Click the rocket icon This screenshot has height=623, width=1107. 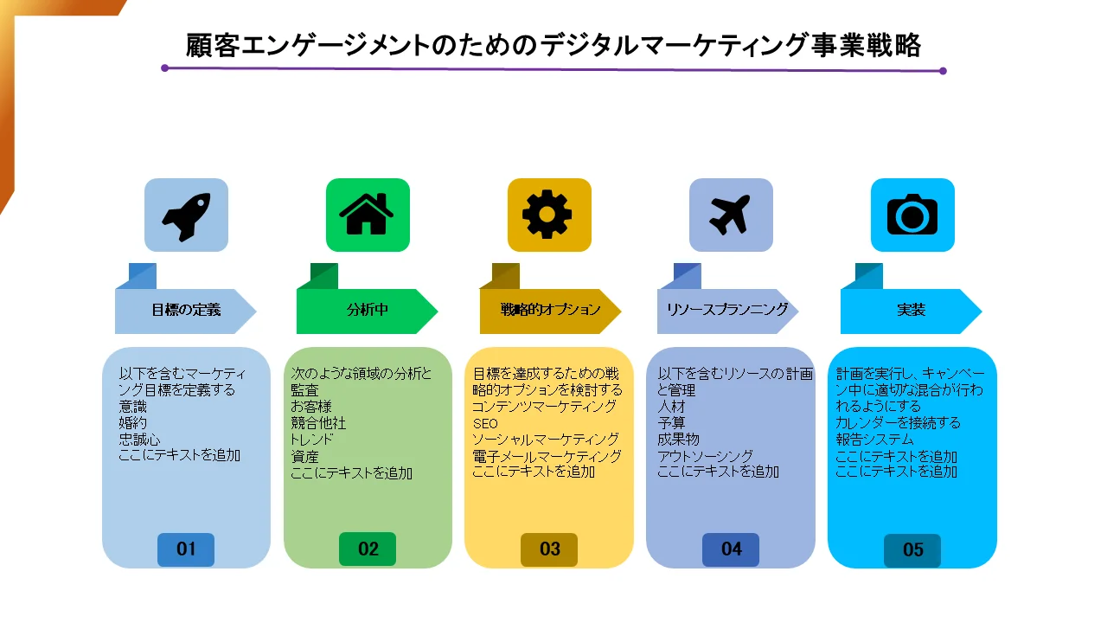(186, 216)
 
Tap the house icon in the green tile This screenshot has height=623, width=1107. (366, 214)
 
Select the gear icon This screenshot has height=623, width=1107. (547, 214)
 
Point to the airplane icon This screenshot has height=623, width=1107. (730, 215)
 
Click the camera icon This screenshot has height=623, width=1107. (912, 214)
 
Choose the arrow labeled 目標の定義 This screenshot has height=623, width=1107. (185, 311)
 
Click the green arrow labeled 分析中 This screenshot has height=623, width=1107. (368, 311)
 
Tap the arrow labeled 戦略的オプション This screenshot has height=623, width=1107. (550, 311)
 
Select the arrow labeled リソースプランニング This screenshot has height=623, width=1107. (727, 311)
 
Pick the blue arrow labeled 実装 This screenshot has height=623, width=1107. (911, 311)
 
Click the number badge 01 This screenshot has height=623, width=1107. (186, 549)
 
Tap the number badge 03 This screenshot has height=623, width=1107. (549, 549)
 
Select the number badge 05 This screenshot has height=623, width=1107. (912, 550)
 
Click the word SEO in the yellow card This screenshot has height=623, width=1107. (485, 424)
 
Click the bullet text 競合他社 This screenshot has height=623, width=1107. (318, 423)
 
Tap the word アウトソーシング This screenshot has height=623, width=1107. (705, 456)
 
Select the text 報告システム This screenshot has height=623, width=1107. (874, 440)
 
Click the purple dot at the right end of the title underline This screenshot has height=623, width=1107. (943, 71)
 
